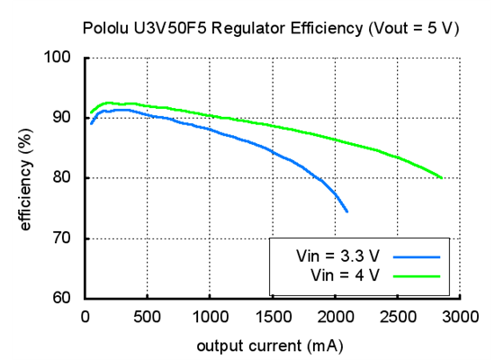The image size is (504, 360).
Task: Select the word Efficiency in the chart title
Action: click(311, 29)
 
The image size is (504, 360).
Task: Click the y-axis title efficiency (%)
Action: click(26, 177)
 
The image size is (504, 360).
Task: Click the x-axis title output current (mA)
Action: click(271, 345)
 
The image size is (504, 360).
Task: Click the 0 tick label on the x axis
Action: click(85, 316)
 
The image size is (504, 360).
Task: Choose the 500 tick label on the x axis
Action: click(147, 316)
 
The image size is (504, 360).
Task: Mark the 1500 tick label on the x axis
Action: click(272, 316)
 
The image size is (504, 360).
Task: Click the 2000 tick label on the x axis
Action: click(335, 316)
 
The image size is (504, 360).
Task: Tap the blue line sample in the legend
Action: click(416, 257)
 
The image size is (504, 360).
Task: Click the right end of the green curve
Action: click(441, 177)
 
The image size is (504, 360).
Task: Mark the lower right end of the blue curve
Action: click(346, 211)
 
